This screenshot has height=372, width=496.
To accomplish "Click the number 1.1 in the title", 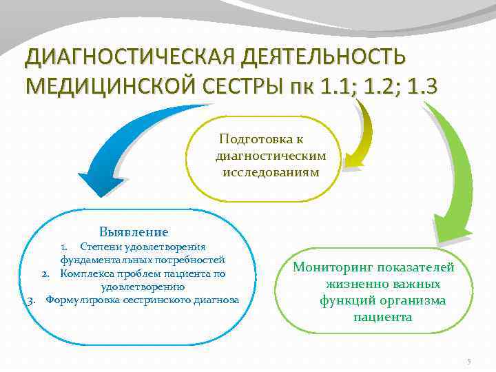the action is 335,87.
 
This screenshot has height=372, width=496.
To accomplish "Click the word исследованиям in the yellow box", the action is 271,171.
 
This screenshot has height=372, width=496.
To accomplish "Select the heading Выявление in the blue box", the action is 134,232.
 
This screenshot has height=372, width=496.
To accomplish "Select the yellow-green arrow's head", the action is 353,160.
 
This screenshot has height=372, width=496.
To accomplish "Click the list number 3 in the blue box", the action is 32,300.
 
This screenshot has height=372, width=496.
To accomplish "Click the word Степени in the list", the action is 99,247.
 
